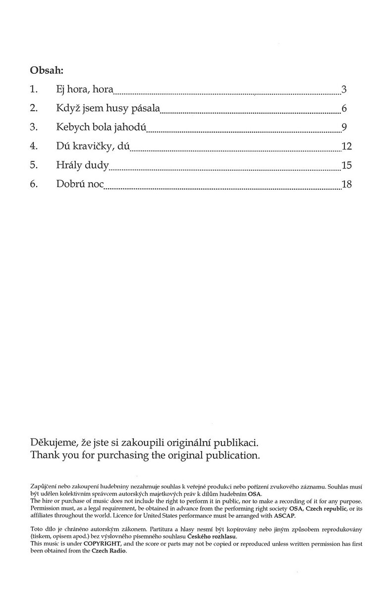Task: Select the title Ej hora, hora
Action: pos(85,90)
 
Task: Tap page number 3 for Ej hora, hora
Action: pos(344,90)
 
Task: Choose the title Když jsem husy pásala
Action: pos(108,109)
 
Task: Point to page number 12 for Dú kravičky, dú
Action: pos(346,146)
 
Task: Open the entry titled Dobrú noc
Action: pos(80,184)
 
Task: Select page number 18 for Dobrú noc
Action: pos(346,184)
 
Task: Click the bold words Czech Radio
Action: pos(106,550)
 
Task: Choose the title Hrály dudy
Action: pos(82,165)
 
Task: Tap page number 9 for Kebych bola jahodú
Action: pos(344,127)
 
